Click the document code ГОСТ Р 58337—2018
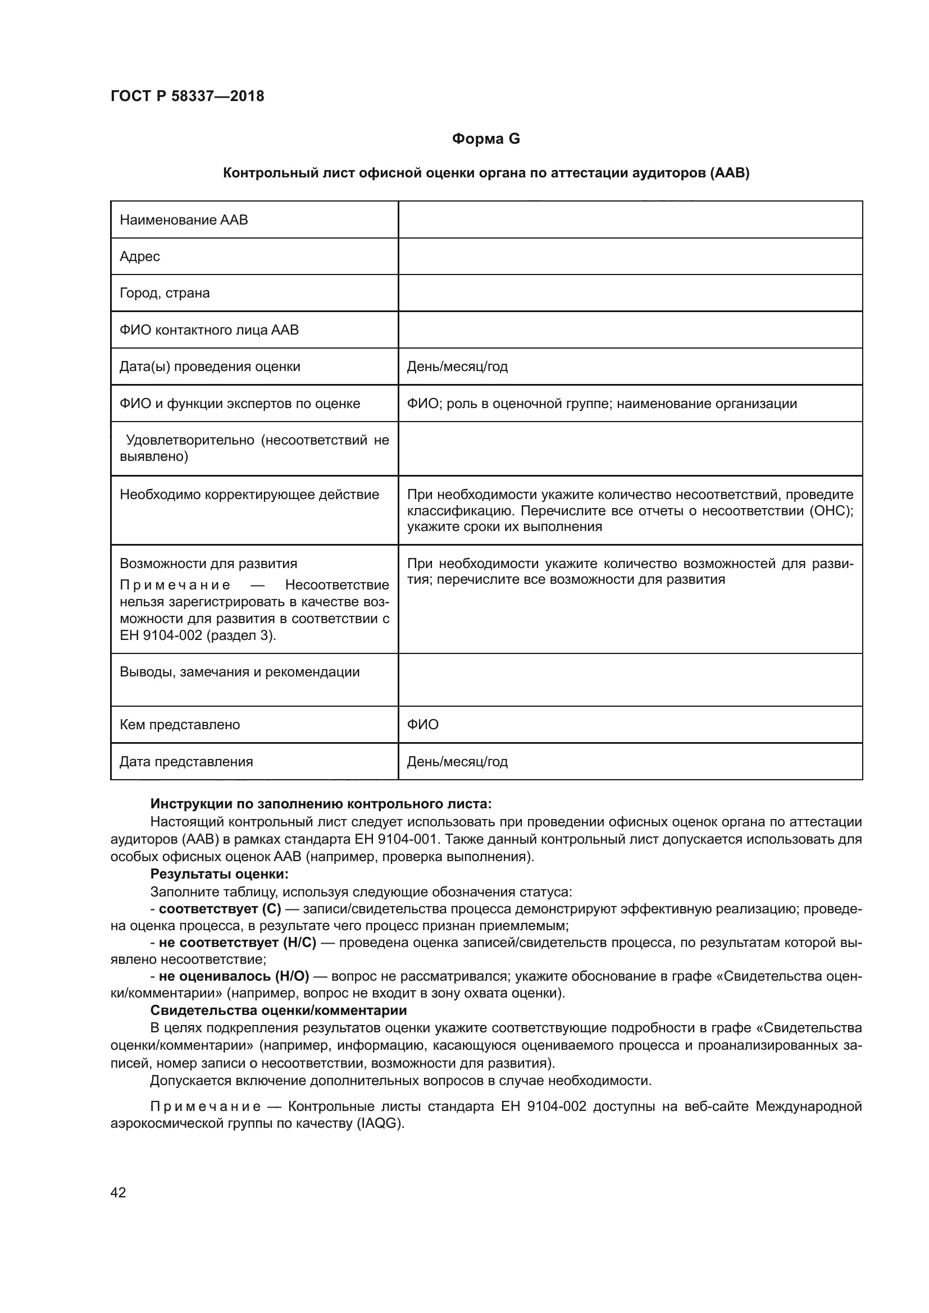tap(187, 96)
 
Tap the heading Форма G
tap(486, 139)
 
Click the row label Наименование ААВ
tap(184, 220)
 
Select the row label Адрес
tap(140, 257)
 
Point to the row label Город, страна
tap(165, 294)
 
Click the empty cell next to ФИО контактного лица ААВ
tap(629, 330)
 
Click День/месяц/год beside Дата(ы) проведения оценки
tap(457, 367)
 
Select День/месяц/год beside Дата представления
tap(457, 762)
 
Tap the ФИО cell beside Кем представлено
tap(423, 725)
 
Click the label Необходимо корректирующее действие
tap(249, 495)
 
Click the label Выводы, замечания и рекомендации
tap(240, 672)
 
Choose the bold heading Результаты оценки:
tap(219, 875)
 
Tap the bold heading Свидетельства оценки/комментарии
tap(279, 1010)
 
